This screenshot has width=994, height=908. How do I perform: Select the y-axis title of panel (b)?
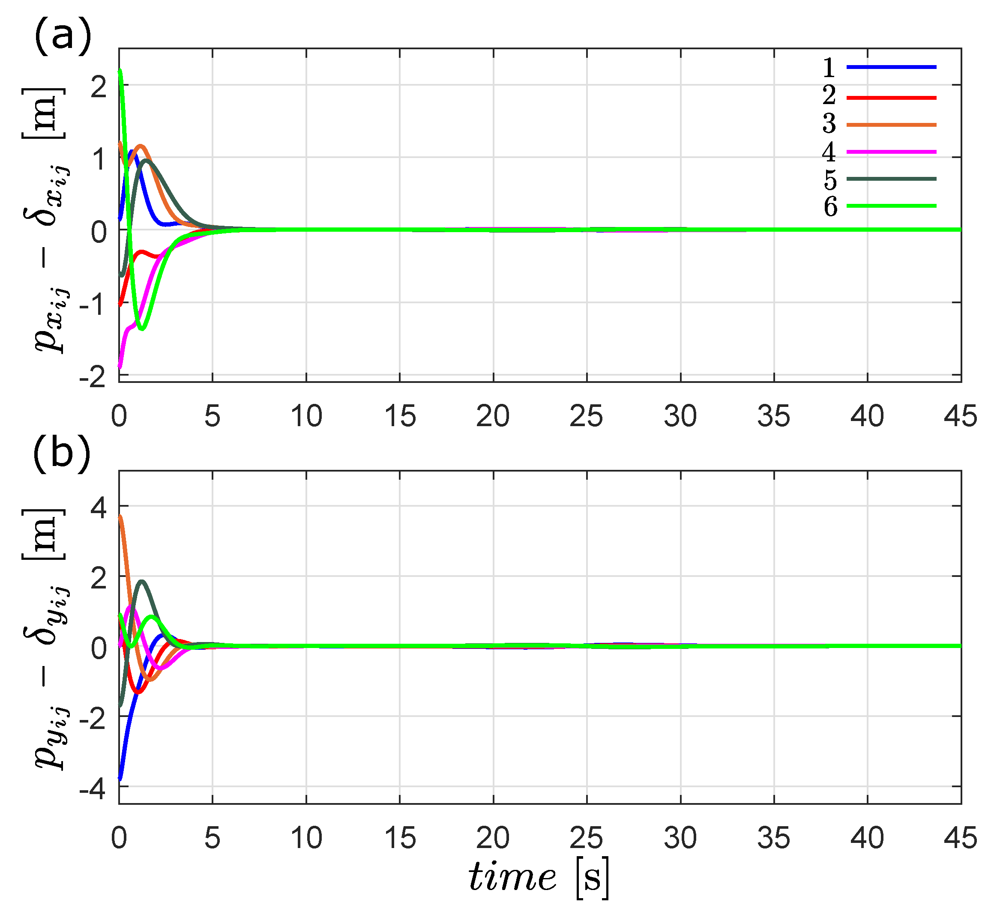(x=47, y=638)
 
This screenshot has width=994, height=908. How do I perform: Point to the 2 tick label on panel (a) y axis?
(x=99, y=87)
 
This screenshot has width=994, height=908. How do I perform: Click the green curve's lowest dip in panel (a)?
(x=141, y=329)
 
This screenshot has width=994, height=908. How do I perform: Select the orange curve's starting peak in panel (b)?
(x=120, y=516)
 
